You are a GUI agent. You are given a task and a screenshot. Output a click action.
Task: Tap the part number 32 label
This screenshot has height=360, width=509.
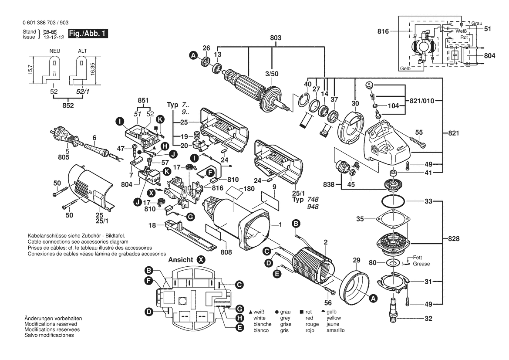coord(428,318)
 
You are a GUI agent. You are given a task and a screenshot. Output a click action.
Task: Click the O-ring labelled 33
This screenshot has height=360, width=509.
coord(392,202)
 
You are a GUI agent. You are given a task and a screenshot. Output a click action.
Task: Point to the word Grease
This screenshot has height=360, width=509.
coord(421,264)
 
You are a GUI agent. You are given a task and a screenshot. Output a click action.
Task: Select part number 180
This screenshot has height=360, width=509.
coord(249,189)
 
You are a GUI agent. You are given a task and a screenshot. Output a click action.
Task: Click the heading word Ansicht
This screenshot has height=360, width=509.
coord(181,259)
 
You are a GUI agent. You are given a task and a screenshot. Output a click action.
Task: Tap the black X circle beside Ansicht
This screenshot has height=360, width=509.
coord(201,259)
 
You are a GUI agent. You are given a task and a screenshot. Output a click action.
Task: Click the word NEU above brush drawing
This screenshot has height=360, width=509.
coord(55,51)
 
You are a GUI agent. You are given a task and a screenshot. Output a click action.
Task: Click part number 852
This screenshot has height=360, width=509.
coord(68,105)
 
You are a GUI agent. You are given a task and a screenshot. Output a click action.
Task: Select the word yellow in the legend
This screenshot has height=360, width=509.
coord(334,318)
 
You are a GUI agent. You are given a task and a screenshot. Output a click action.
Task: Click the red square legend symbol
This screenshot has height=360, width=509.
coord(301,312)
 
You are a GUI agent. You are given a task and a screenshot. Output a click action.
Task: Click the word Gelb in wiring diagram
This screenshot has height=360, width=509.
coord(405,69)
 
